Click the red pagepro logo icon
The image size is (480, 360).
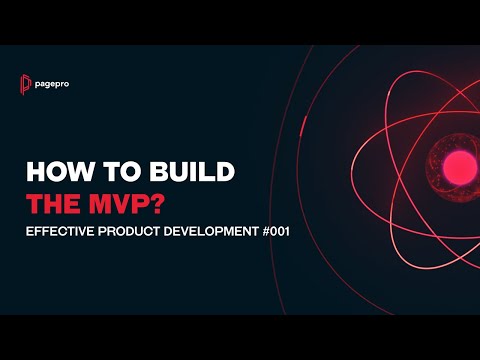click(27, 83)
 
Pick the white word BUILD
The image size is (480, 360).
click(189, 173)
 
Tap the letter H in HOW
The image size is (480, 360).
click(33, 173)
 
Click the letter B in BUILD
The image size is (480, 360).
click(151, 173)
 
